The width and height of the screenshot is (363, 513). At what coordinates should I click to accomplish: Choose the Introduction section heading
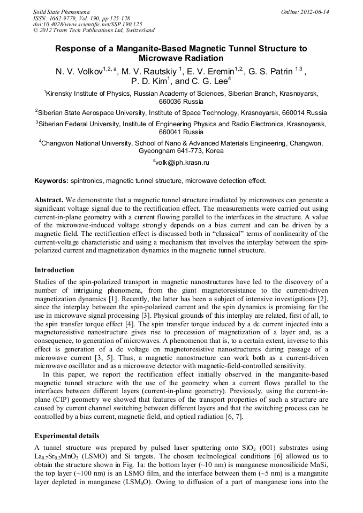[x=54, y=270]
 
